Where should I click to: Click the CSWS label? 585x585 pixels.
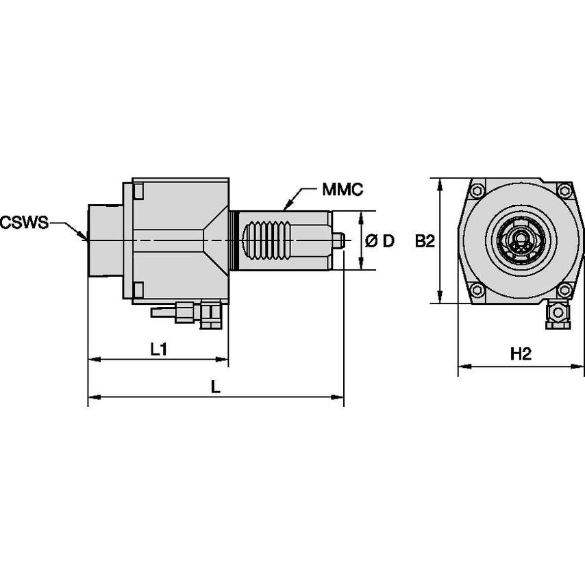(x=24, y=222)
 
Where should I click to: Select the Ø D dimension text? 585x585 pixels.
(x=380, y=241)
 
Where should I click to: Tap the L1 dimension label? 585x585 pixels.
(x=159, y=349)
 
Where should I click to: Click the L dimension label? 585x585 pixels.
(x=215, y=387)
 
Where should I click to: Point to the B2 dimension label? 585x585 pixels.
(x=425, y=241)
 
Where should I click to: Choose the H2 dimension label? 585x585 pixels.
(x=521, y=354)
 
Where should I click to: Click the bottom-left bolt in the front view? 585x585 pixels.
(x=478, y=291)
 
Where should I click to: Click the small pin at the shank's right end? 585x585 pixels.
(x=338, y=240)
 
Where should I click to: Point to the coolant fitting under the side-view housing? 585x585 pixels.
(x=188, y=313)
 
